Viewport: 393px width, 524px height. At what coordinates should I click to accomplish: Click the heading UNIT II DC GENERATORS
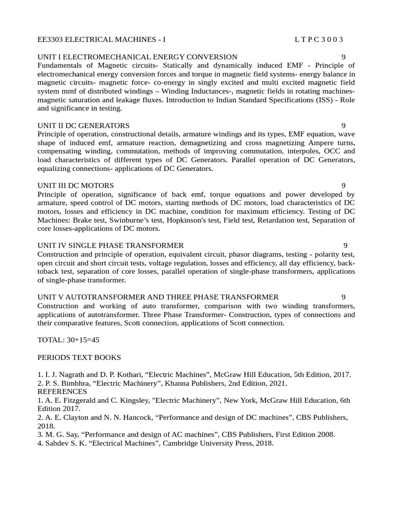click(x=83, y=125)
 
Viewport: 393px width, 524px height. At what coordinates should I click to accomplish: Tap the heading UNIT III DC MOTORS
click(x=76, y=185)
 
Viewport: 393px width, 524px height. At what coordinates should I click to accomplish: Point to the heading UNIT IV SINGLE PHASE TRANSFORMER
click(x=111, y=246)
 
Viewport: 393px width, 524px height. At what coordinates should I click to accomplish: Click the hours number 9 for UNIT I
click(x=343, y=57)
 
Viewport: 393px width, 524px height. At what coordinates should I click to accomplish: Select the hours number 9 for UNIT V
click(x=343, y=297)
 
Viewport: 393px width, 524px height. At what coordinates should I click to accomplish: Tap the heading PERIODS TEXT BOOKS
click(x=79, y=357)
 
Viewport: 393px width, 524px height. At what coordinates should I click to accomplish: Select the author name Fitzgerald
click(x=76, y=400)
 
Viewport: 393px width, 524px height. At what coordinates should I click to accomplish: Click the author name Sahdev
click(x=56, y=444)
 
